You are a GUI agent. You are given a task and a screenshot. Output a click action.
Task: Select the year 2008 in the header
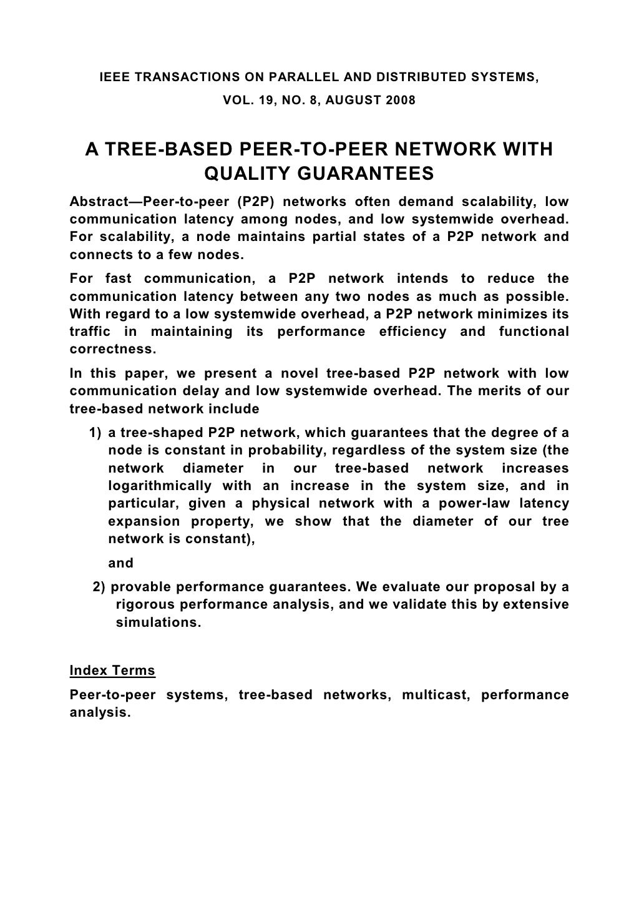tap(401, 100)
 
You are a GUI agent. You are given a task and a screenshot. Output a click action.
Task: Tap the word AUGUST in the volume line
tap(354, 100)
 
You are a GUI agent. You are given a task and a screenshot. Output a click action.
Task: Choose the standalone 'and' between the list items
tap(121, 563)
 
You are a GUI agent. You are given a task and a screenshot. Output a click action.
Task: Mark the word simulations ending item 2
tap(159, 622)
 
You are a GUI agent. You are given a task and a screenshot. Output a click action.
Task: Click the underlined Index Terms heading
tap(112, 671)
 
